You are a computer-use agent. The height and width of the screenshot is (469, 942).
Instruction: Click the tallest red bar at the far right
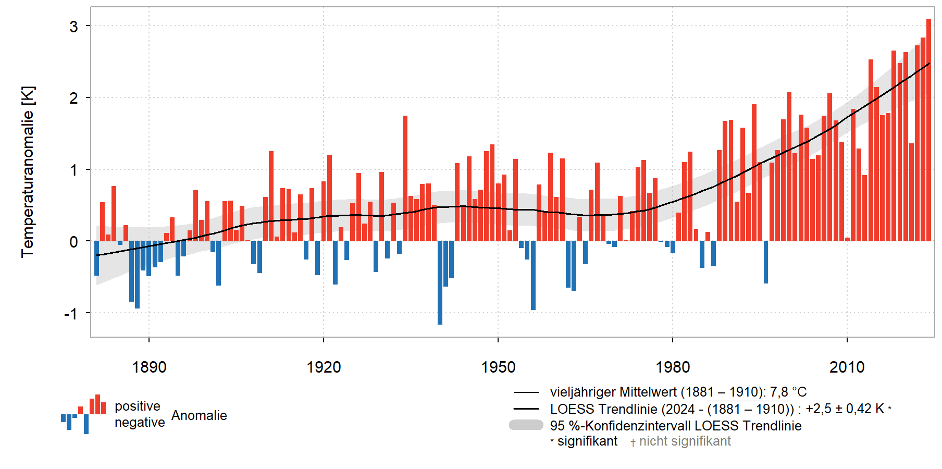coord(928,130)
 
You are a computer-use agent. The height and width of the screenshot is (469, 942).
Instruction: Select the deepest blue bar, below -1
coord(440,282)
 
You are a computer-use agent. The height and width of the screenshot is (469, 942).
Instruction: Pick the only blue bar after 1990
coord(766,262)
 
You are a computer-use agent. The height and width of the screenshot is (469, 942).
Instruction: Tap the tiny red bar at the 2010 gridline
coord(847,239)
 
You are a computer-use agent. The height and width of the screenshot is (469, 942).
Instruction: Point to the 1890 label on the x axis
coord(149,367)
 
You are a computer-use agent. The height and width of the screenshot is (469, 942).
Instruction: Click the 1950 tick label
coord(498,367)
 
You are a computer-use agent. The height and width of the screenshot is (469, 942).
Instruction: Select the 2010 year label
coord(847,367)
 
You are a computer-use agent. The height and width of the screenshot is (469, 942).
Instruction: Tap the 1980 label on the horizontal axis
coord(673,367)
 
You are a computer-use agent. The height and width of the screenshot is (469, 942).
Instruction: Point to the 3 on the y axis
coord(73,26)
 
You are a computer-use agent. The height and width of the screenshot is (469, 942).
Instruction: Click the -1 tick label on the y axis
coord(71,314)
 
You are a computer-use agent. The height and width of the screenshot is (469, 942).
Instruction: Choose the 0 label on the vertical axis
coord(73,242)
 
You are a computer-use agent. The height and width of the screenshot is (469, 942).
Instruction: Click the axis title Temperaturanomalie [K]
coord(28,172)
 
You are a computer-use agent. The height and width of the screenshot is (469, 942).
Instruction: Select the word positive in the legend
coord(138,406)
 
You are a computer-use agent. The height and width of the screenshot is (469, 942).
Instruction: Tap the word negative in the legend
coord(140,422)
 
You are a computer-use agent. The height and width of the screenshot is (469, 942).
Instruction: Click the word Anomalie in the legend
coord(199,415)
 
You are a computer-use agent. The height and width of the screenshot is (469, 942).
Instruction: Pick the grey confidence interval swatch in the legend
coord(526,425)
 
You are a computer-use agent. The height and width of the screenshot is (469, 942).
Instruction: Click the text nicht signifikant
coord(685,441)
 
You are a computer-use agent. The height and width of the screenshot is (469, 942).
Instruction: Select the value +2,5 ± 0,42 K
coord(845,409)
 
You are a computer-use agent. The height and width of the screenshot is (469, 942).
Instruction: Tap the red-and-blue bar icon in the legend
coord(83,414)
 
